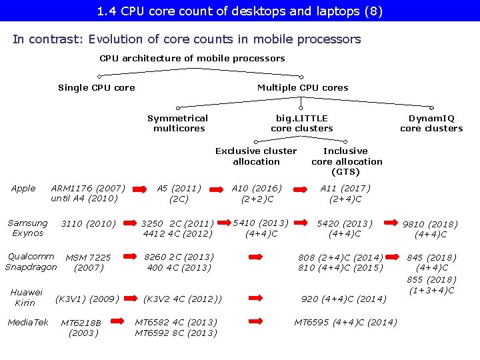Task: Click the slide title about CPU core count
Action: click(x=240, y=11)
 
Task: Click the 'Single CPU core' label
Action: click(x=97, y=87)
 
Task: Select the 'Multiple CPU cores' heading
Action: click(x=303, y=87)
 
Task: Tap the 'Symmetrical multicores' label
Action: click(x=178, y=123)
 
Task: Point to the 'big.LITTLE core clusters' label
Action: click(x=302, y=123)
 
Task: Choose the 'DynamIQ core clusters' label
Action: click(x=431, y=123)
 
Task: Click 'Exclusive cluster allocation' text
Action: click(x=256, y=156)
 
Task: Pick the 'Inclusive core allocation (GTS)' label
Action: click(x=346, y=161)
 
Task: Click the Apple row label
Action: click(x=23, y=189)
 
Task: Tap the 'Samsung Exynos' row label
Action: click(x=27, y=228)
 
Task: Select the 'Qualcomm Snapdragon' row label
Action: click(x=31, y=262)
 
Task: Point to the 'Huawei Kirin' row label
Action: click(x=26, y=297)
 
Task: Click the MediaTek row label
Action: click(x=28, y=323)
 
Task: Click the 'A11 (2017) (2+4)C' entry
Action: click(x=345, y=193)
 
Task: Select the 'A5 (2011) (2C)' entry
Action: click(x=179, y=193)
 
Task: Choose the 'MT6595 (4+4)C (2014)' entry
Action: click(x=345, y=323)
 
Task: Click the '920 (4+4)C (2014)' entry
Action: click(x=344, y=299)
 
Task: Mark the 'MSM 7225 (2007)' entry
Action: click(x=89, y=262)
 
